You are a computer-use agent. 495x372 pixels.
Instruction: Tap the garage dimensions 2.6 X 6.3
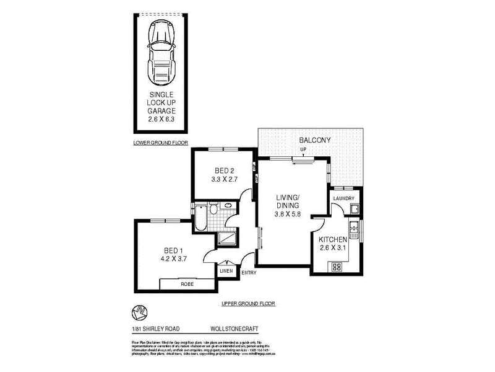point(161,119)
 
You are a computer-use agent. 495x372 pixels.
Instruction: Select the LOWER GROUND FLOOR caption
point(160,143)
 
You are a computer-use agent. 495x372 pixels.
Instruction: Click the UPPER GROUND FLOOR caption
point(247,304)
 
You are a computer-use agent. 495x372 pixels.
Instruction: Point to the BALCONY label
point(315,140)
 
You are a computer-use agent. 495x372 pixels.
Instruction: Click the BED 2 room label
point(225,170)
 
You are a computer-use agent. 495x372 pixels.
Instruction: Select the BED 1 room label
point(164,250)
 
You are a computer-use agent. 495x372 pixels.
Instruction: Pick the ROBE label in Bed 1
point(186,284)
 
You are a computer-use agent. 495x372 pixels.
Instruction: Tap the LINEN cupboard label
point(226,270)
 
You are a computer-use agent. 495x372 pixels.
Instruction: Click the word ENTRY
point(249,272)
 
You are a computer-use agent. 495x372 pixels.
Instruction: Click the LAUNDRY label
point(344,198)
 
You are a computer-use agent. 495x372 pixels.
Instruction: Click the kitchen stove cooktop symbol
point(338,267)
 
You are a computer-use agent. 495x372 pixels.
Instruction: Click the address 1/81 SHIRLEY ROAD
point(153,329)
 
